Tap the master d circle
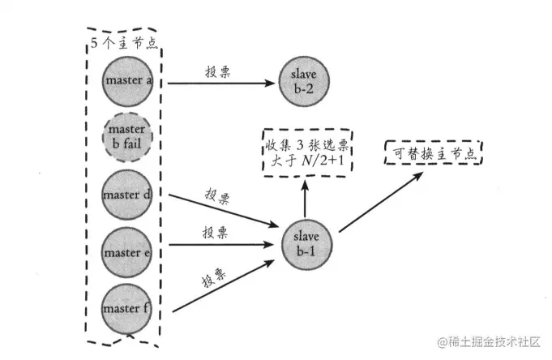pyautogui.click(x=126, y=195)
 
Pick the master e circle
pyautogui.click(x=126, y=252)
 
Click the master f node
pyautogui.click(x=126, y=308)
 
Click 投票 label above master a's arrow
pyautogui.click(x=219, y=71)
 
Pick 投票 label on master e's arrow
pyautogui.click(x=214, y=231)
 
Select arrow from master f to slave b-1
pyautogui.click(x=219, y=285)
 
